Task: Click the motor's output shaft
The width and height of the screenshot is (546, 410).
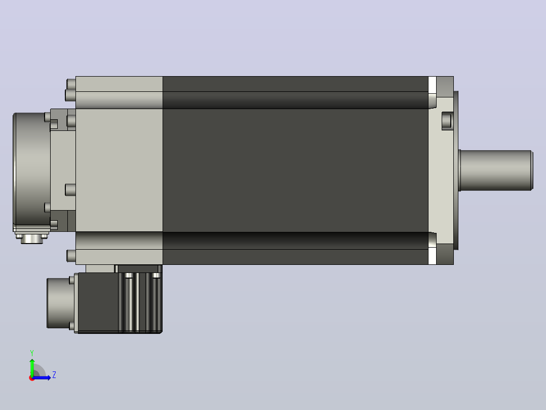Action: tap(496, 170)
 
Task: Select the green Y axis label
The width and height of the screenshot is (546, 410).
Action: tap(32, 353)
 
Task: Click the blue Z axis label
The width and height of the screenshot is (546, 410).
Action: tap(54, 375)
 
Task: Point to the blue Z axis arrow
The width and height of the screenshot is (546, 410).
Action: tap(42, 378)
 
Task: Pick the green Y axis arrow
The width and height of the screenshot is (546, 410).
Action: tap(32, 368)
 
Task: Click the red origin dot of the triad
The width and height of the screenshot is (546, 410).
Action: tap(31, 378)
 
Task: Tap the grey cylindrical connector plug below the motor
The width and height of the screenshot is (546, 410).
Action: tap(60, 303)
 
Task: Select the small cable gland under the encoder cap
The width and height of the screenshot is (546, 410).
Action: tap(32, 238)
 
